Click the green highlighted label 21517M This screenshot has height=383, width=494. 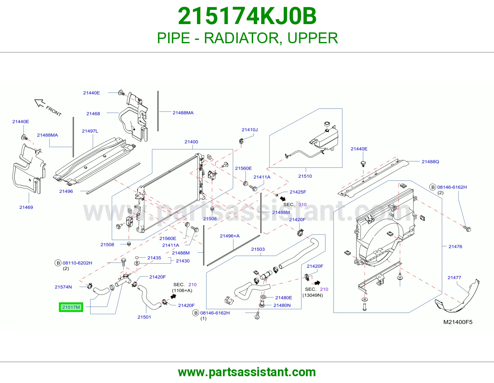71,307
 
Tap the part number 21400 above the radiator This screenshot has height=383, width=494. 191,142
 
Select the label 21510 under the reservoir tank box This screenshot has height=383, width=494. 305,176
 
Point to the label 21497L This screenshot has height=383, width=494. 90,131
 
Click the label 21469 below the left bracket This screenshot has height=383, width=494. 26,207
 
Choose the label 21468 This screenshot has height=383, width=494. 93,113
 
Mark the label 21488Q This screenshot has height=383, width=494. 430,162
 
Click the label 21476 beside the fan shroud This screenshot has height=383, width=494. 455,246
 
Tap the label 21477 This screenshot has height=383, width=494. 454,277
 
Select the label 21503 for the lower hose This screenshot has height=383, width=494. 258,249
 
